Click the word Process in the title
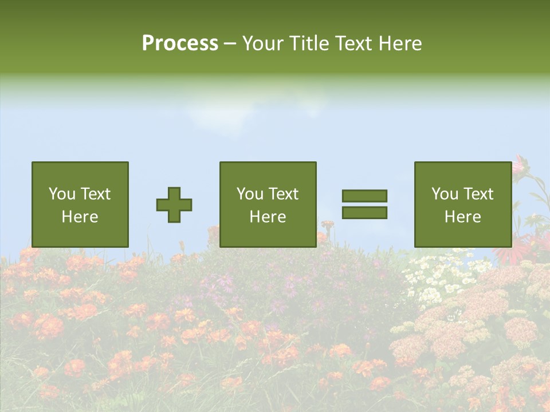[x=180, y=43]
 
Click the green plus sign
[x=174, y=205]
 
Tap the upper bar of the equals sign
[x=364, y=196]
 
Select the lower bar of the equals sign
[x=364, y=213]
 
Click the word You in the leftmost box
[x=61, y=194]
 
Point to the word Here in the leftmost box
[x=80, y=217]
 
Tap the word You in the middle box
[x=249, y=194]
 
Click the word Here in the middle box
[x=268, y=217]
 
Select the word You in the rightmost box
[x=444, y=194]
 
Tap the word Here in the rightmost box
[x=462, y=217]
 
